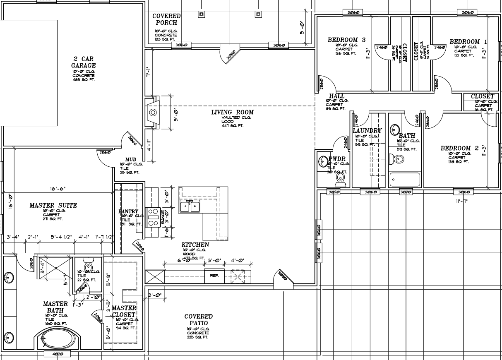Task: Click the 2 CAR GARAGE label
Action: (x=83, y=62)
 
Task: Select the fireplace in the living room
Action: (x=152, y=112)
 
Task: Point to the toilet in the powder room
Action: (x=340, y=178)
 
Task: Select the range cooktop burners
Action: (x=152, y=217)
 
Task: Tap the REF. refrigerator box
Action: (x=214, y=275)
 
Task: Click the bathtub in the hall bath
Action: (x=405, y=180)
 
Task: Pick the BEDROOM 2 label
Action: (x=456, y=148)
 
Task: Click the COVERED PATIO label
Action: (x=199, y=319)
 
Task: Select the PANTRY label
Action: (x=128, y=211)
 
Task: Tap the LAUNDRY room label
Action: (x=367, y=131)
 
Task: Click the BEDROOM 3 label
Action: (x=346, y=40)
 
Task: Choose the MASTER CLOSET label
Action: (x=124, y=311)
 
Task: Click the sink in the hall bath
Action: (x=395, y=128)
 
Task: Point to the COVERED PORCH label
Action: (x=166, y=19)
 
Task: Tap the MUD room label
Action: (x=131, y=159)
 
